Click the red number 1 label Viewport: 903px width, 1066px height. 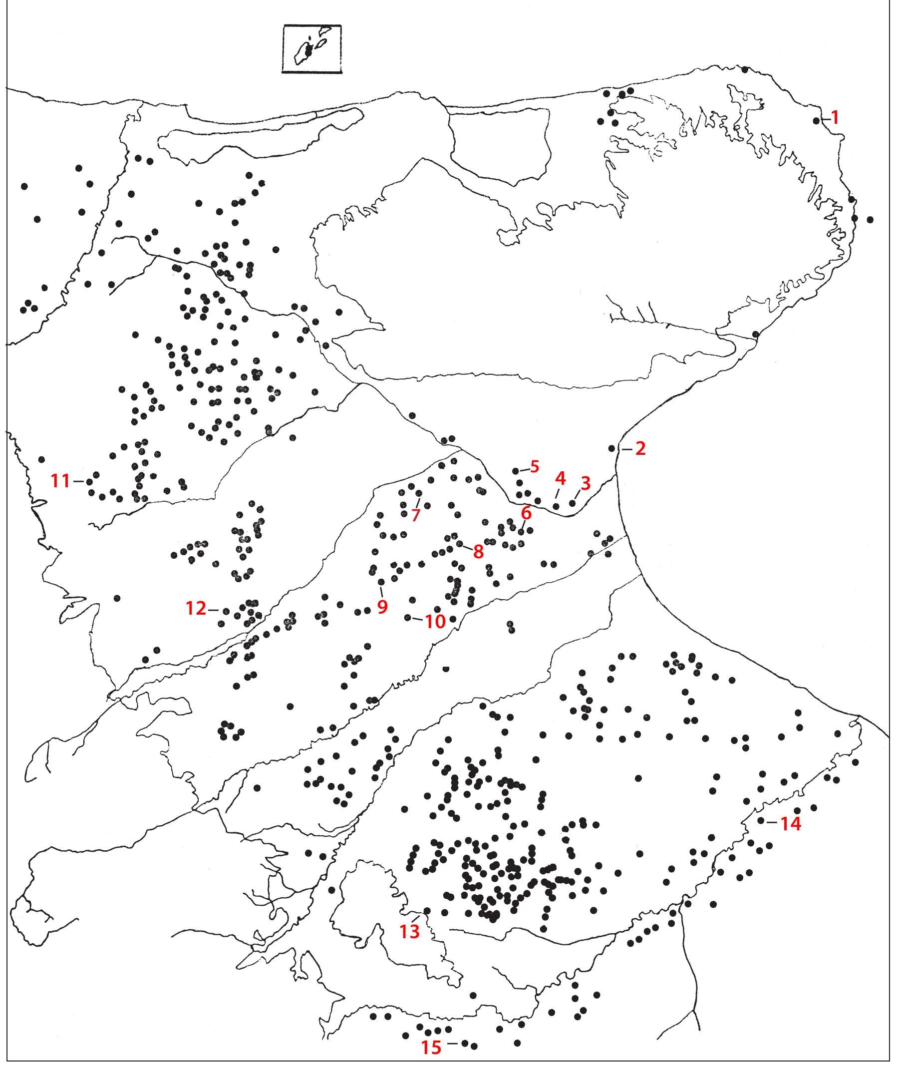tap(835, 118)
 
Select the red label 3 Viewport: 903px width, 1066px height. tap(585, 482)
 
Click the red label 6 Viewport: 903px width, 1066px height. tap(526, 512)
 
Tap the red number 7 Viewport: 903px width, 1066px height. tap(416, 515)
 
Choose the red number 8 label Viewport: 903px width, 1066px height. tap(478, 551)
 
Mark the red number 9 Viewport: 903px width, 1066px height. tap(382, 607)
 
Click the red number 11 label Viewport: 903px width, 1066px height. tap(60, 481)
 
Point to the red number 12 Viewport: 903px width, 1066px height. tap(196, 609)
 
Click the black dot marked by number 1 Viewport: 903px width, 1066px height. tap(816, 121)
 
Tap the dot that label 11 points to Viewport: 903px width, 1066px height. tap(89, 481)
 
